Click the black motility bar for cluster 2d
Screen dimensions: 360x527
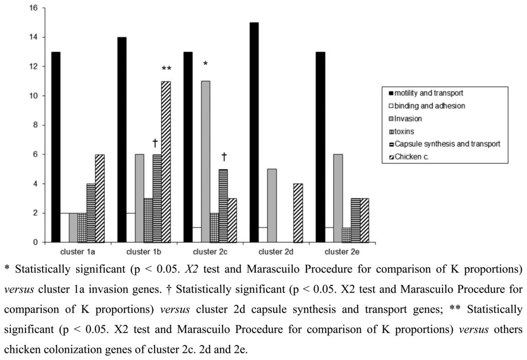(x=254, y=132)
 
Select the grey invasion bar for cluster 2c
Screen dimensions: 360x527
(x=206, y=161)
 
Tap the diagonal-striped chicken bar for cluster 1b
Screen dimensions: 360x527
(x=166, y=161)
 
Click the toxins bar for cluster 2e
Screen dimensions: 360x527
(x=347, y=235)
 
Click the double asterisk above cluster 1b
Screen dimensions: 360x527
(x=166, y=68)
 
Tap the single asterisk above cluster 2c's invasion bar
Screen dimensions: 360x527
(x=205, y=64)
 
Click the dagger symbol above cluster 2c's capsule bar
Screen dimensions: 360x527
(x=223, y=157)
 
